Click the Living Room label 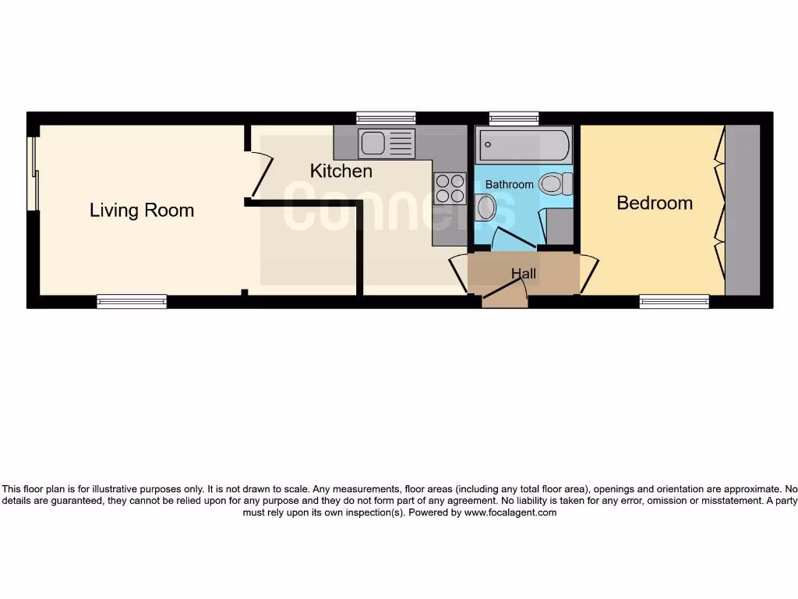pyautogui.click(x=141, y=210)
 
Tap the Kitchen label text pyautogui.click(x=341, y=171)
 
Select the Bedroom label pyautogui.click(x=654, y=203)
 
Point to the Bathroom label pyautogui.click(x=510, y=185)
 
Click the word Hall pyautogui.click(x=524, y=274)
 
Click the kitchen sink pyautogui.click(x=386, y=144)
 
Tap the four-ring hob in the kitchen pyautogui.click(x=450, y=187)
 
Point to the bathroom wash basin pyautogui.click(x=486, y=208)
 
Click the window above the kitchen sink pyautogui.click(x=386, y=118)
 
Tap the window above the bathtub pyautogui.click(x=514, y=118)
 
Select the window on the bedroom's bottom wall pyautogui.click(x=674, y=301)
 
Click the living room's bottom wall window pyautogui.click(x=132, y=301)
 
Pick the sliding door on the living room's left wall pyautogui.click(x=33, y=174)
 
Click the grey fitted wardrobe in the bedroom pyautogui.click(x=742, y=209)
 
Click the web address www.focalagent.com pyautogui.click(x=510, y=512)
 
